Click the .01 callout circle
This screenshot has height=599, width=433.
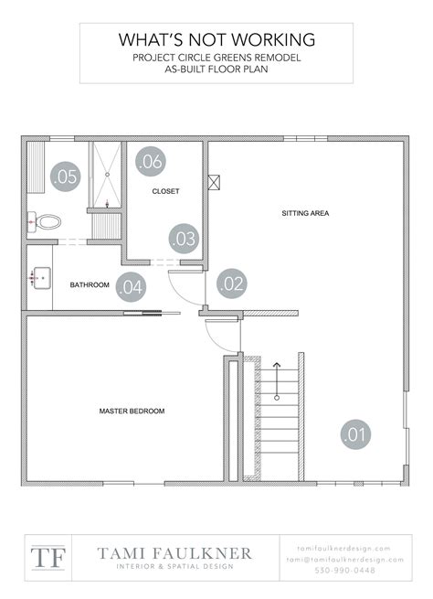tap(355, 433)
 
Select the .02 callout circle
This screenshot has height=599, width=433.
tap(231, 283)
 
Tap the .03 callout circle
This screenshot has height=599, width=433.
tap(184, 239)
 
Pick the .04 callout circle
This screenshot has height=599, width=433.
tap(131, 285)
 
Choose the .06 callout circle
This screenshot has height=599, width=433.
tap(151, 162)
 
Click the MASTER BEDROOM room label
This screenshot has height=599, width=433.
tap(132, 412)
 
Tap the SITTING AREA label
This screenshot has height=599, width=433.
tap(305, 214)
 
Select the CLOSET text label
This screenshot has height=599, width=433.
tap(165, 192)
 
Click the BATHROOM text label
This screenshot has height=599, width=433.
tap(90, 285)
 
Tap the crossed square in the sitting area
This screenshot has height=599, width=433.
tap(216, 181)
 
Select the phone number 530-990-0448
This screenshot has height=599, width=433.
tap(343, 570)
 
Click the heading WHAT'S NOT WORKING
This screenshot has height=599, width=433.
tap(216, 39)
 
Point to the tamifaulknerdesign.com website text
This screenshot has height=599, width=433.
tap(343, 547)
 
